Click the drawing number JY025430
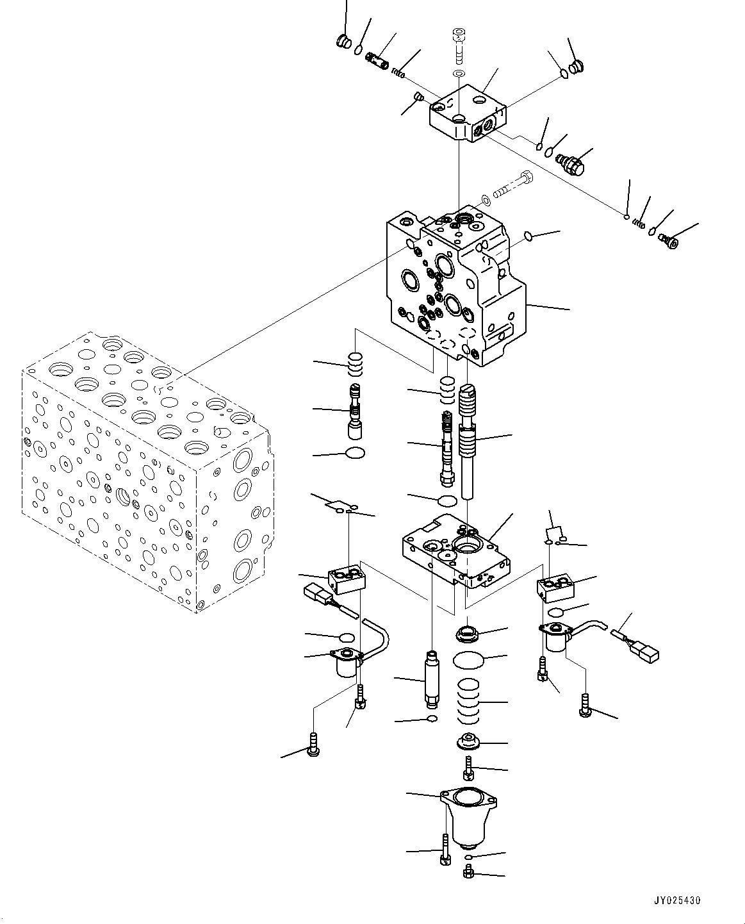[676, 900]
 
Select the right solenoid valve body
[555, 639]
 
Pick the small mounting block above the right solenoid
[555, 586]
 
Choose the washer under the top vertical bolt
[458, 75]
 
